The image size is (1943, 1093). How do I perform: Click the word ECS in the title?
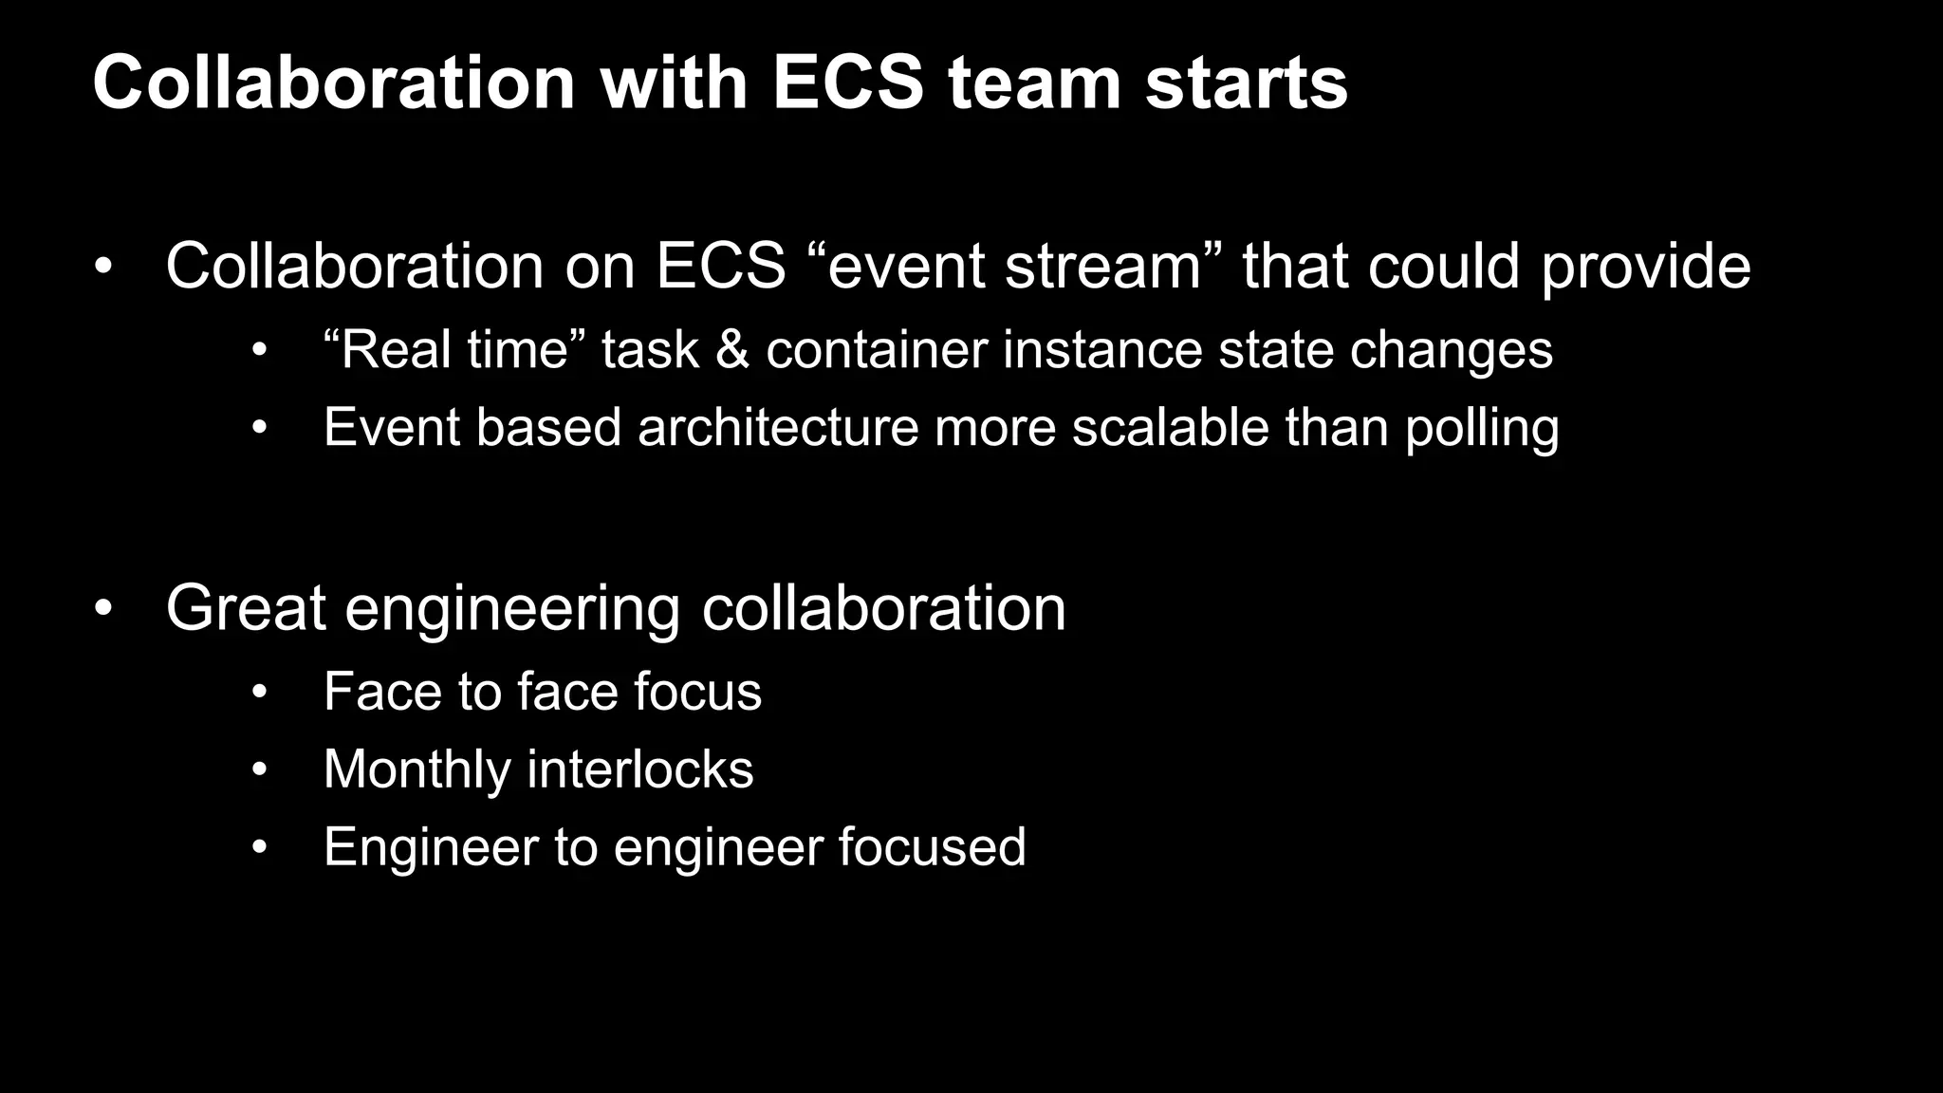pyautogui.click(x=847, y=83)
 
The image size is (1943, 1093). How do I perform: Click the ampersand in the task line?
pyautogui.click(x=731, y=349)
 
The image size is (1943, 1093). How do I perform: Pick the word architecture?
pyautogui.click(x=778, y=427)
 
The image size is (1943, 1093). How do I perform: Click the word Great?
pyautogui.click(x=246, y=607)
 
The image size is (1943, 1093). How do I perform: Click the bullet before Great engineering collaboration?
pyautogui.click(x=103, y=607)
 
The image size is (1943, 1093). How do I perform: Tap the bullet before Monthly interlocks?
pyautogui.click(x=260, y=769)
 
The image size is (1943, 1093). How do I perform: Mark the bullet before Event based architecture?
pyautogui.click(x=260, y=428)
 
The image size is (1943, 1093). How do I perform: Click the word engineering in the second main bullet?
pyautogui.click(x=512, y=609)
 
